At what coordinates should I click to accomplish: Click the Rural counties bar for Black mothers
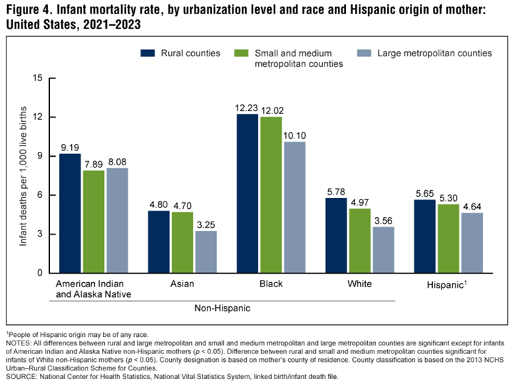(x=247, y=193)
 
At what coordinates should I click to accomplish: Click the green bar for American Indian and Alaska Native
(x=93, y=222)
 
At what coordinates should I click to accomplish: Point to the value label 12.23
(x=247, y=108)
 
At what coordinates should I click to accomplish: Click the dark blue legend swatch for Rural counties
(x=148, y=53)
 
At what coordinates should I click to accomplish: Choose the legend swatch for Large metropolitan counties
(x=362, y=53)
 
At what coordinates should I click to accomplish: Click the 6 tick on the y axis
(x=40, y=195)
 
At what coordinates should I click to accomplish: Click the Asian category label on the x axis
(x=183, y=284)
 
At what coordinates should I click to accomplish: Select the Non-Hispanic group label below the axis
(x=223, y=310)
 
